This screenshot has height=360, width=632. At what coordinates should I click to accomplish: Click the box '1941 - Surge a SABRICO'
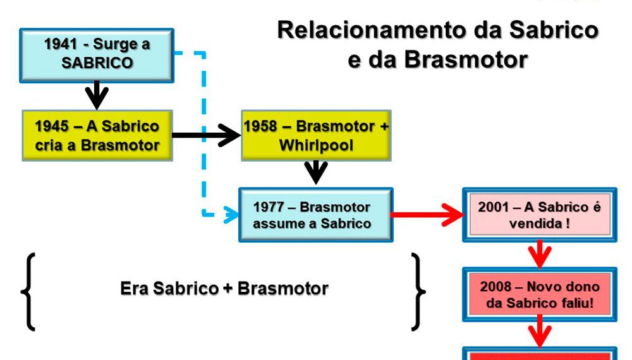97,54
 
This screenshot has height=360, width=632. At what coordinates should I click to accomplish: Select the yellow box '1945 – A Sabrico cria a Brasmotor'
97,135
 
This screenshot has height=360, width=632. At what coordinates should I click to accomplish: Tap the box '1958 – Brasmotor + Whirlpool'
316,135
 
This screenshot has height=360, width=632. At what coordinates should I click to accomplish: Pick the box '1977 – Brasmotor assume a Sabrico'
315,215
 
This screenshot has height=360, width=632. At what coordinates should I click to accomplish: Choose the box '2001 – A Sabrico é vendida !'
539,215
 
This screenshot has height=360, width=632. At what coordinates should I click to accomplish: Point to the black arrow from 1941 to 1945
97,95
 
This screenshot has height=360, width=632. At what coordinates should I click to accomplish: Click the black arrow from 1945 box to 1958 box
205,135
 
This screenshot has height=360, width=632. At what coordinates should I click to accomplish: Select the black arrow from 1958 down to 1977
316,172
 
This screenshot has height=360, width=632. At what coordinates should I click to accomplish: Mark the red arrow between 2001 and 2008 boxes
539,253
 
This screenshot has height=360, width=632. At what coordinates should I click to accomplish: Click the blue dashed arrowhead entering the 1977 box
231,215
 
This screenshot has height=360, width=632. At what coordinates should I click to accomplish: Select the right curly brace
418,292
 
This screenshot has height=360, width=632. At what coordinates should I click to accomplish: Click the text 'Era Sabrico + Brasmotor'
224,289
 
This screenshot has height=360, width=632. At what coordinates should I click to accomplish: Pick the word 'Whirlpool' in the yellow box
316,146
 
